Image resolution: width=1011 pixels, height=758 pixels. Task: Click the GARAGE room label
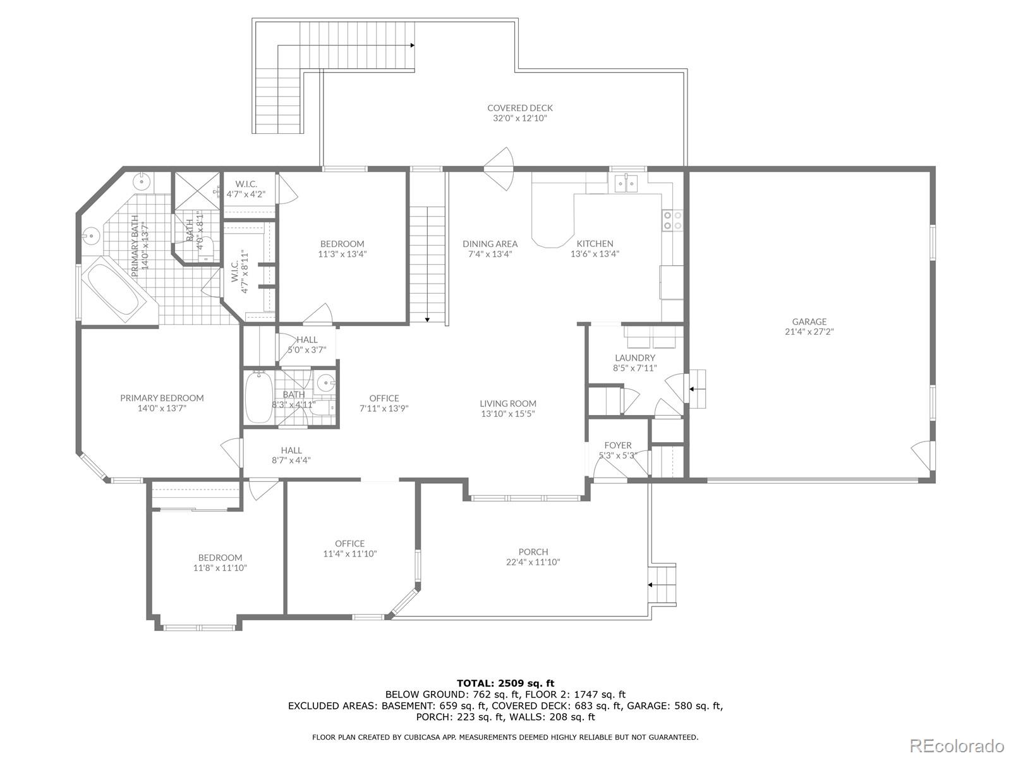(809, 322)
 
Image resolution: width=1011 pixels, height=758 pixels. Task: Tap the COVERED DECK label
(520, 107)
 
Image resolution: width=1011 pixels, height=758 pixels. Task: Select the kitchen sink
(626, 184)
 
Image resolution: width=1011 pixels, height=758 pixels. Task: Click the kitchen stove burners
(672, 220)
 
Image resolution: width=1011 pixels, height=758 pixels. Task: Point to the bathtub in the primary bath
(113, 289)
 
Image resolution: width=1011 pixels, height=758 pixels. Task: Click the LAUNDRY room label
(634, 358)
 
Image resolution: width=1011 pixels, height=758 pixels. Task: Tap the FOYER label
(617, 445)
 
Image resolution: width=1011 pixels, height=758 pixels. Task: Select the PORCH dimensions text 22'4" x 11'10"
(533, 562)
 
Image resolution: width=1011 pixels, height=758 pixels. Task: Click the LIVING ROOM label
(508, 403)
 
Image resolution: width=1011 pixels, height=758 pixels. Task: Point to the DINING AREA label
(490, 243)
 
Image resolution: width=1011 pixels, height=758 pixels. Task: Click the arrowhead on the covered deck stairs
(412, 45)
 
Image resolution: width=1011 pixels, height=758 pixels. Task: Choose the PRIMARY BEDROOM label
(162, 398)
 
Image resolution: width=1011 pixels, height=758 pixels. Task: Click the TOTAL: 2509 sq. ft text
(505, 683)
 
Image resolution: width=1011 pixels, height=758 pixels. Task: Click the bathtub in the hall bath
(259, 397)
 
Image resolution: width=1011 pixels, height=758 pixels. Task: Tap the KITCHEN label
(595, 243)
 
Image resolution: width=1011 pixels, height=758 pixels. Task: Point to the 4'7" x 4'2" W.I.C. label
(246, 194)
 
